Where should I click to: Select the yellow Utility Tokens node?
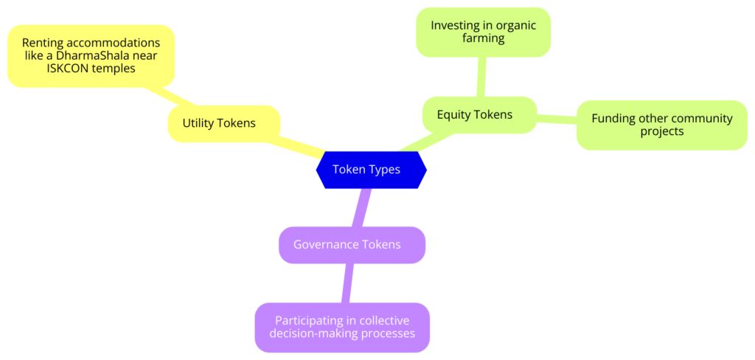coord(223,123)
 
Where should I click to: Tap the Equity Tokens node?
coord(479,115)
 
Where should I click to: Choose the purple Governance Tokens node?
coord(352,244)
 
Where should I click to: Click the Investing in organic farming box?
coord(483,32)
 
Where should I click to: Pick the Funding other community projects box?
coord(661,125)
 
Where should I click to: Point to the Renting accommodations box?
coord(91,55)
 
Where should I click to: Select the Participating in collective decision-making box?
coord(341,327)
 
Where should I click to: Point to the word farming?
coord(483,38)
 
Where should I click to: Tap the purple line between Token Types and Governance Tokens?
coord(361,207)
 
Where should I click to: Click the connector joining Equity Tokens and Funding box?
coord(557,118)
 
